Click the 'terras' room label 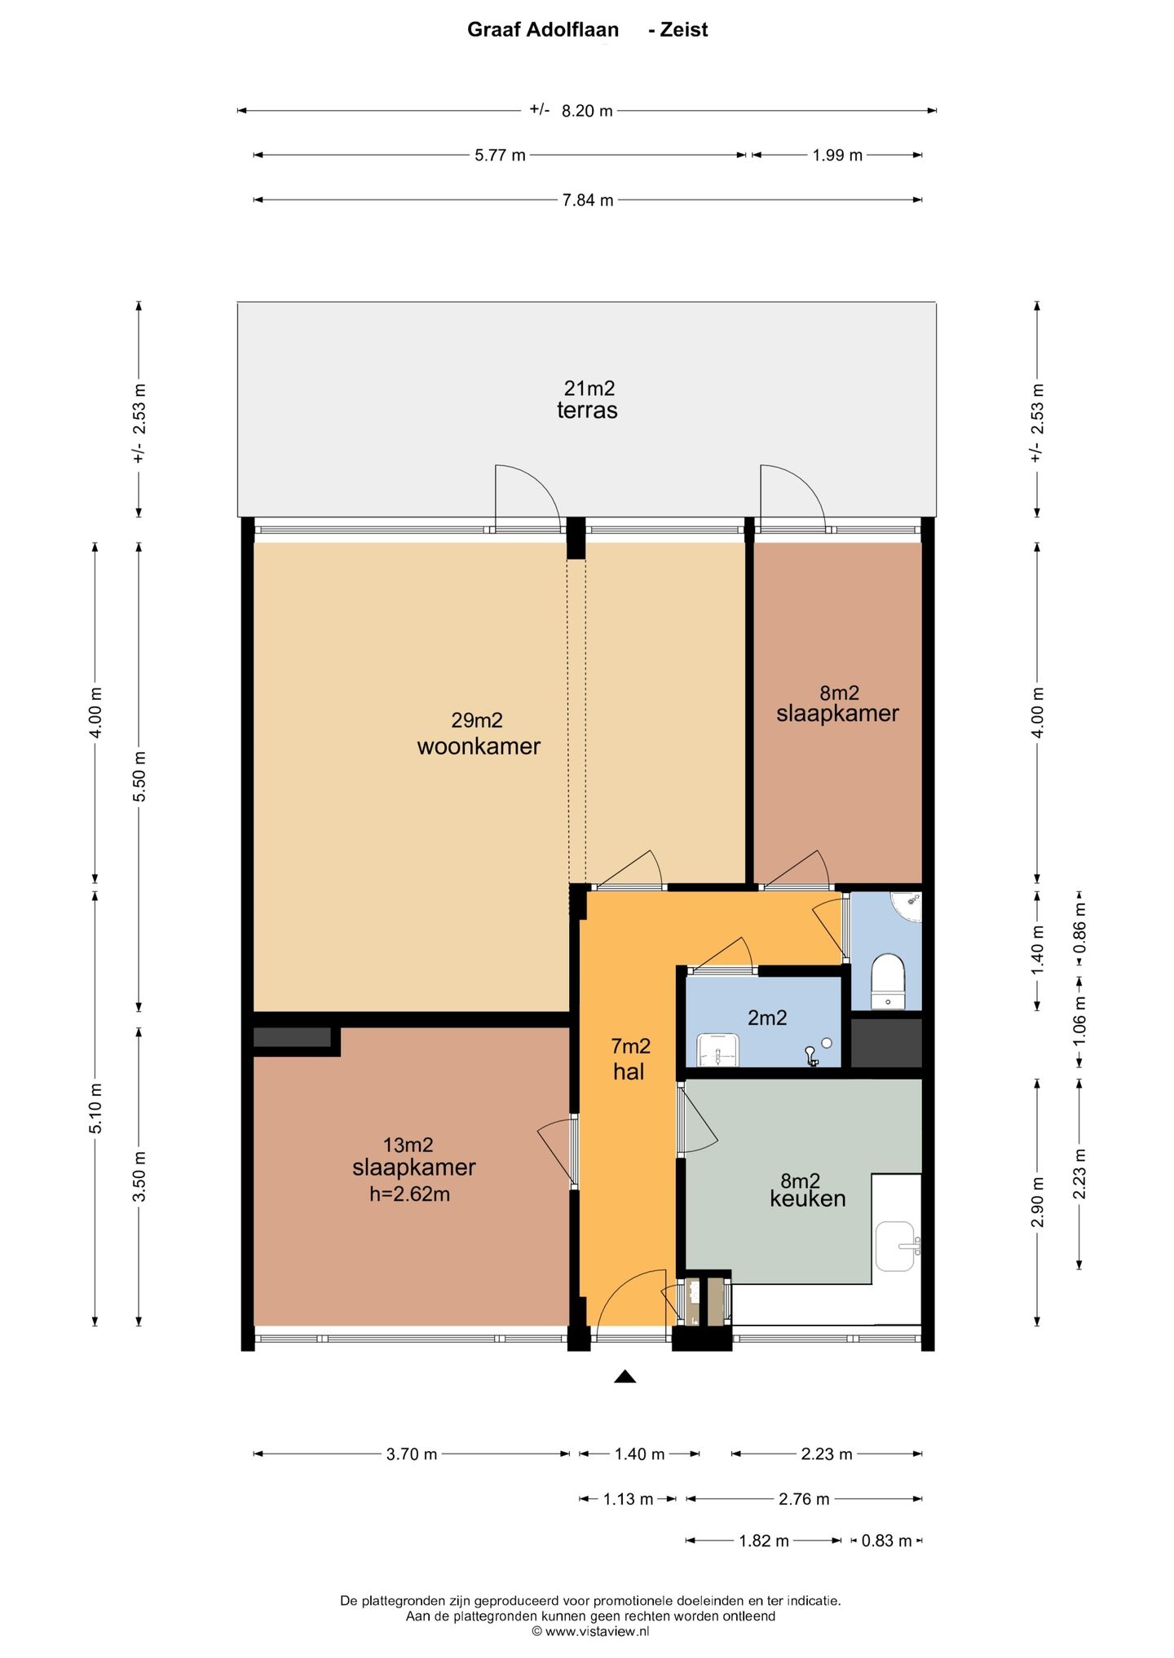click(x=587, y=410)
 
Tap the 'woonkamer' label click(x=479, y=746)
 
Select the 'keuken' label click(x=807, y=1198)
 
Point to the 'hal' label click(x=629, y=1071)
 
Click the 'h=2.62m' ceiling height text click(x=409, y=1194)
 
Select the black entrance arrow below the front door click(x=625, y=1377)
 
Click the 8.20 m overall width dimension click(x=587, y=110)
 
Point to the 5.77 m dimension click(x=500, y=155)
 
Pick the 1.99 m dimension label click(x=837, y=155)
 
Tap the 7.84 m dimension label click(x=588, y=200)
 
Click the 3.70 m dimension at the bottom click(x=412, y=1453)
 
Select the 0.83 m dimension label click(x=886, y=1541)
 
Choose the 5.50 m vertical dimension click(x=139, y=776)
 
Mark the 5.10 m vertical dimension click(x=95, y=1107)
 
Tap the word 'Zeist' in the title click(x=683, y=30)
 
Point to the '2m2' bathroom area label click(x=767, y=1018)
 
